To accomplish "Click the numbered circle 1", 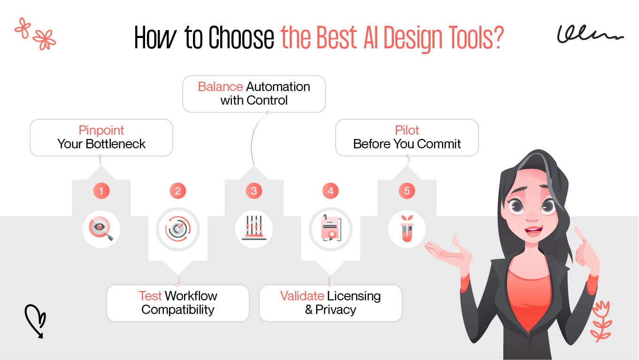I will pyautogui.click(x=101, y=191).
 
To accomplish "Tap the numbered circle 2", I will pyautogui.click(x=177, y=191).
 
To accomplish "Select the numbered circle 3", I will pyautogui.click(x=254, y=191).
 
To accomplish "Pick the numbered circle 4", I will pyautogui.click(x=331, y=191).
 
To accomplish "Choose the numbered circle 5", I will pyautogui.click(x=407, y=191).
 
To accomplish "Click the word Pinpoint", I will pyautogui.click(x=101, y=130).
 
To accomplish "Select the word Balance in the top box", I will pyautogui.click(x=220, y=87).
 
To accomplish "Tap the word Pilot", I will pyautogui.click(x=407, y=130).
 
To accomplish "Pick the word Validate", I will pyautogui.click(x=302, y=296).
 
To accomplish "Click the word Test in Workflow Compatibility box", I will pyautogui.click(x=150, y=296).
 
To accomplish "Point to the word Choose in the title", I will pyautogui.click(x=241, y=38).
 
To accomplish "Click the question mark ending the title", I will pyautogui.click(x=497, y=38).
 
